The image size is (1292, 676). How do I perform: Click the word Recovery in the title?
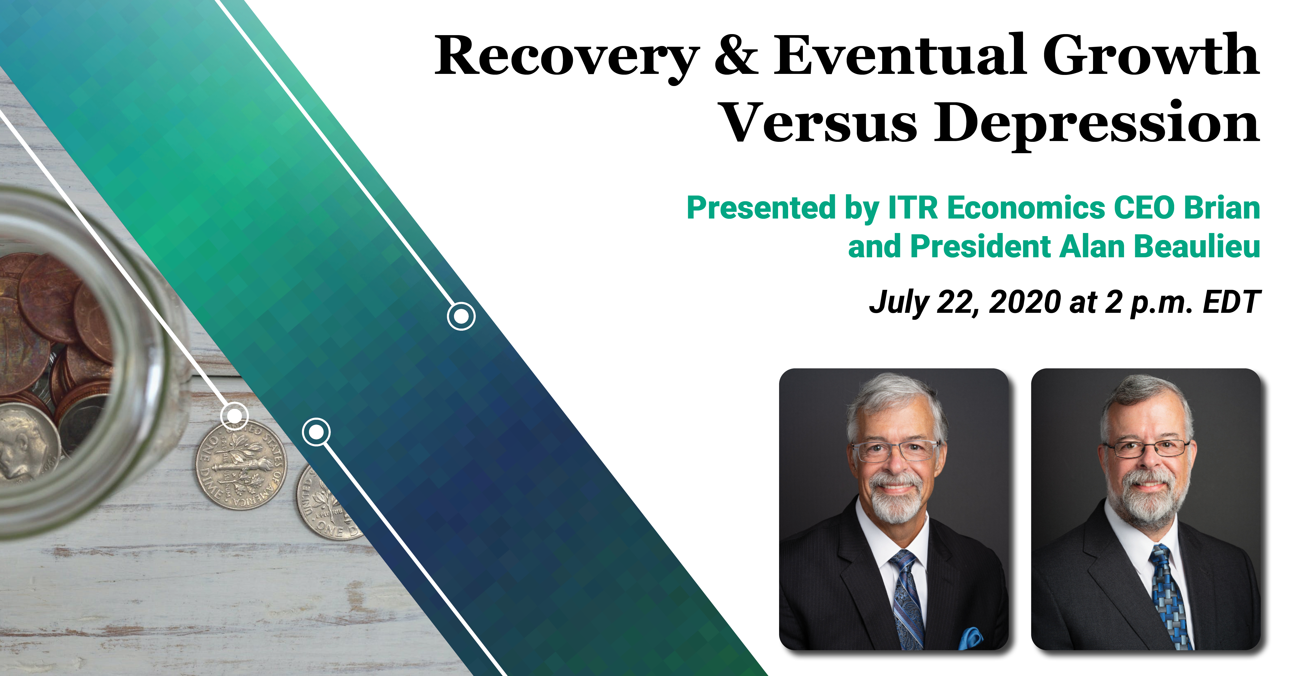(x=567, y=58)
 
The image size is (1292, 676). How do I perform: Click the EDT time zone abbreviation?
(x=1231, y=302)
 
